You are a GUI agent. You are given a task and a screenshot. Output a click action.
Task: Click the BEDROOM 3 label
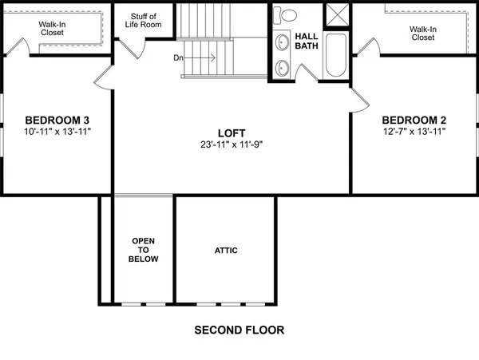tap(50, 120)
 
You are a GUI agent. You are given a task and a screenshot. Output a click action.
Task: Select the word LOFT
tap(231, 133)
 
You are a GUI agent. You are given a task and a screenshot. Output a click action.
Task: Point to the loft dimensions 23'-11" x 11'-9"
tap(231, 144)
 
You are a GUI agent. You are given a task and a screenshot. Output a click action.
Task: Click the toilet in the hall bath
tap(287, 14)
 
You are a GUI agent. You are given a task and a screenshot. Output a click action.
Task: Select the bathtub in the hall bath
tap(336, 54)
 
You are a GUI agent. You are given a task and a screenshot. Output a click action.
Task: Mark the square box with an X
tap(336, 15)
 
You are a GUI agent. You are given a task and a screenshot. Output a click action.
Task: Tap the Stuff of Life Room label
tap(144, 20)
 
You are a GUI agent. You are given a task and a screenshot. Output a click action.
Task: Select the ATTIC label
tap(226, 251)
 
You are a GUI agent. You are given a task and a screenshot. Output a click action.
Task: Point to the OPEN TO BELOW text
tap(144, 250)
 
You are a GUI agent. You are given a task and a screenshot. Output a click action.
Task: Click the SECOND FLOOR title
tap(239, 330)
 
